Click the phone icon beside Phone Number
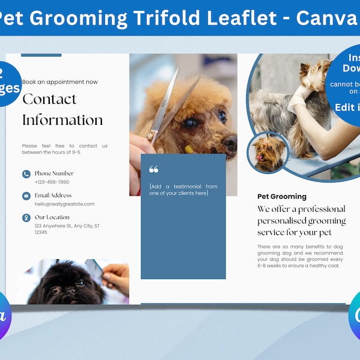[26, 174]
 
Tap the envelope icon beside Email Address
[26, 196]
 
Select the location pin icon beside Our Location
[26, 218]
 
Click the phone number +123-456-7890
[52, 182]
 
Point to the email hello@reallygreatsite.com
[64, 204]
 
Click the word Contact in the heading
[49, 100]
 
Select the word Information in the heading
[62, 121]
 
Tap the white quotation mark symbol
[154, 170]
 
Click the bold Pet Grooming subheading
[282, 196]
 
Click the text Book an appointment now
[60, 82]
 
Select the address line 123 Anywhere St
[66, 226]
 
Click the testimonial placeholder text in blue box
[183, 190]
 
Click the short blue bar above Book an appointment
[41, 55]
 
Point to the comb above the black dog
[95, 269]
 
